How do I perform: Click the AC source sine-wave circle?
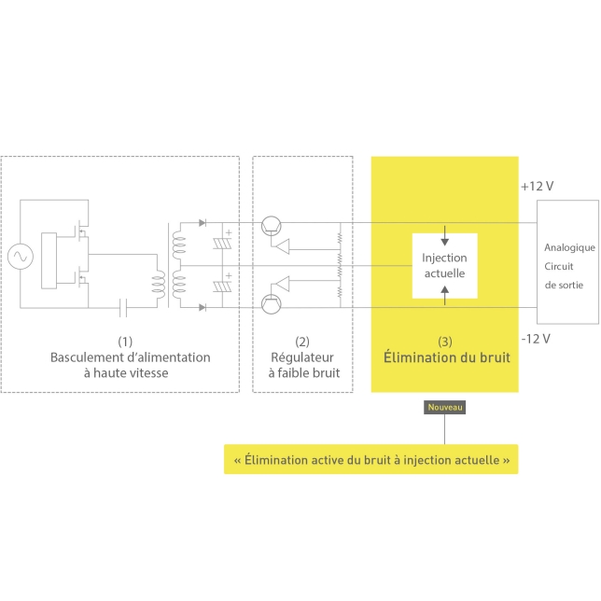pos(19,256)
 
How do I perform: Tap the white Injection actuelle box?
pos(444,265)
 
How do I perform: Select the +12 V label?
pos(538,186)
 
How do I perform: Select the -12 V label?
pos(537,337)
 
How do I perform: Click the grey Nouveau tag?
pos(444,407)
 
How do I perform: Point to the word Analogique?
pos(568,248)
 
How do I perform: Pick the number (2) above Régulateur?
pos(302,341)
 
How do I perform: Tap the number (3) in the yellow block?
pos(444,341)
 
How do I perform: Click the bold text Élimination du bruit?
pos(444,357)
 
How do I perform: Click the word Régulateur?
pos(302,357)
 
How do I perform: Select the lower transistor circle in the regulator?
pos(271,302)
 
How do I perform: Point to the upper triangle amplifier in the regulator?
pos(280,247)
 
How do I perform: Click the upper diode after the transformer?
pos(203,224)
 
